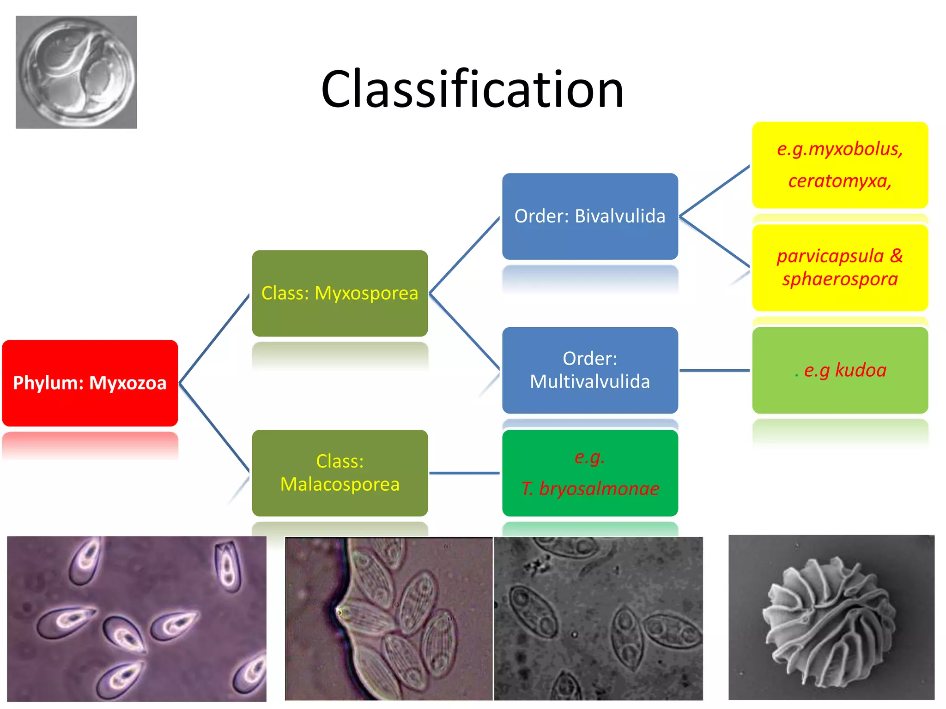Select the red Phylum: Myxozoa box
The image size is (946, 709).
[x=90, y=383]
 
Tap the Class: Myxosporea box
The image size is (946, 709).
[x=340, y=293]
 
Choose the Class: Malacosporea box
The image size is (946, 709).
[x=340, y=473]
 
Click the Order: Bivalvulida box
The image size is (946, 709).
[x=590, y=216]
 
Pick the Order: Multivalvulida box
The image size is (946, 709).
[x=590, y=370]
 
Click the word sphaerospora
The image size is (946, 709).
[x=840, y=279]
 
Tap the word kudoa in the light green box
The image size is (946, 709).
[x=861, y=370]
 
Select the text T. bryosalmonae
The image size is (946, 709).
[x=590, y=488]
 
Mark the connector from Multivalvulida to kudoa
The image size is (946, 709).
[x=714, y=370]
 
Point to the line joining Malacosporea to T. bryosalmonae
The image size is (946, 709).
[x=464, y=473]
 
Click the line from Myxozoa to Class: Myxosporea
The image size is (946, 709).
[x=214, y=339]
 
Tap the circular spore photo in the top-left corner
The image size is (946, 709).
[x=76, y=72]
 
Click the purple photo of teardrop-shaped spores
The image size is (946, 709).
[x=137, y=619]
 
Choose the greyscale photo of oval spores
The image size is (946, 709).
[x=598, y=619]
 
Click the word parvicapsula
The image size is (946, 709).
[x=830, y=256]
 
